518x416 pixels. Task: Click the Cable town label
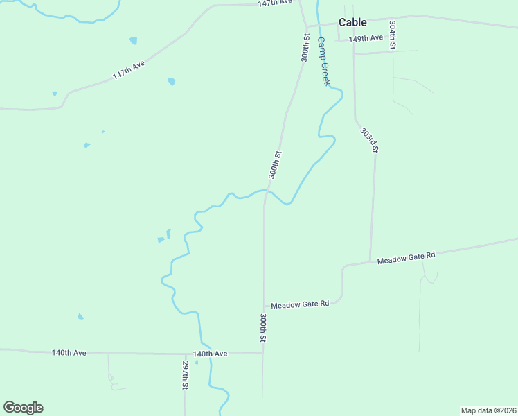coord(352,22)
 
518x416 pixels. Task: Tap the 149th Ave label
coord(366,39)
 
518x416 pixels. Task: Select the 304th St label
coord(392,34)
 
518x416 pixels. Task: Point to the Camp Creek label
coord(323,61)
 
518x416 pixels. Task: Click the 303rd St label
coord(369,139)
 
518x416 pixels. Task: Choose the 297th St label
coord(186,374)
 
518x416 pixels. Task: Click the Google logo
coord(23,408)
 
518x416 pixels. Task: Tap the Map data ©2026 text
coord(488,410)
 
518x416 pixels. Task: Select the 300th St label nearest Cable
coord(305,47)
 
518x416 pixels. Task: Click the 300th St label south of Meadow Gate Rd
coord(264,327)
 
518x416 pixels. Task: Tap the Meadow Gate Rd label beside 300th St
coord(299,304)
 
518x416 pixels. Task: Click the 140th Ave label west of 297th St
coord(69,353)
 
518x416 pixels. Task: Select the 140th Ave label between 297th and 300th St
coord(211,354)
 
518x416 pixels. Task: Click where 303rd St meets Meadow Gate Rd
coord(370,261)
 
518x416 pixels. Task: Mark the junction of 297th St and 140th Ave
coord(186,353)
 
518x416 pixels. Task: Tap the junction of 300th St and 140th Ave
coord(263,353)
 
